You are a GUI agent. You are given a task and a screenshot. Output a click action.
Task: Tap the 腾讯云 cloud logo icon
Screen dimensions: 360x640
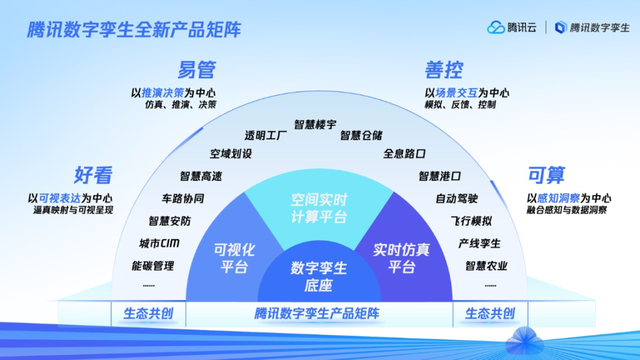[x=497, y=27]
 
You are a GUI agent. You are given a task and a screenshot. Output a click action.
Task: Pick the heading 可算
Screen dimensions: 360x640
[x=546, y=174]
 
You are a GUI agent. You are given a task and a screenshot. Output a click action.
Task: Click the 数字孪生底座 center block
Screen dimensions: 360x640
[x=319, y=276]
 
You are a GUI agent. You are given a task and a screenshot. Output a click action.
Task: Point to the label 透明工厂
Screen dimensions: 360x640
[x=265, y=135]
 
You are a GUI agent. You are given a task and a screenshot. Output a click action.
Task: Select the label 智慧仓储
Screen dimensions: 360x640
[x=362, y=135]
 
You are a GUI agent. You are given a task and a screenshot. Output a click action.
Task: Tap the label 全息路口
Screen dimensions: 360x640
[x=404, y=154]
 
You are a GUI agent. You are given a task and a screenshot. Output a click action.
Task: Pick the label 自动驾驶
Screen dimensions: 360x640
[x=456, y=198]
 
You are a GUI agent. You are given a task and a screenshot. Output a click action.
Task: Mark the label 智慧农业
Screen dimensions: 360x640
[x=485, y=265]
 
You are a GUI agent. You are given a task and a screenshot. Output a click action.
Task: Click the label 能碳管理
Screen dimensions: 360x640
[x=152, y=265]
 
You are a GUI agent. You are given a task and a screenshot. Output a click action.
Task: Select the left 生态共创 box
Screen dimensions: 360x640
[x=148, y=313]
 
